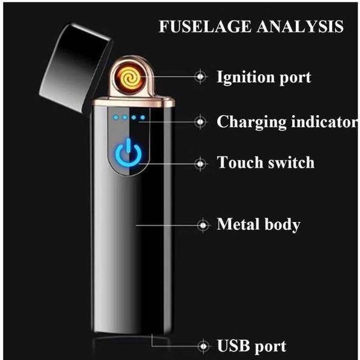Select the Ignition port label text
click(264, 77)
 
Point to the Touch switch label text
click(265, 163)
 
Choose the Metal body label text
click(258, 225)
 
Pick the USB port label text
click(251, 346)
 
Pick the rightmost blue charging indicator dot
click(143, 117)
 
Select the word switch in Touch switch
click(290, 163)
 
